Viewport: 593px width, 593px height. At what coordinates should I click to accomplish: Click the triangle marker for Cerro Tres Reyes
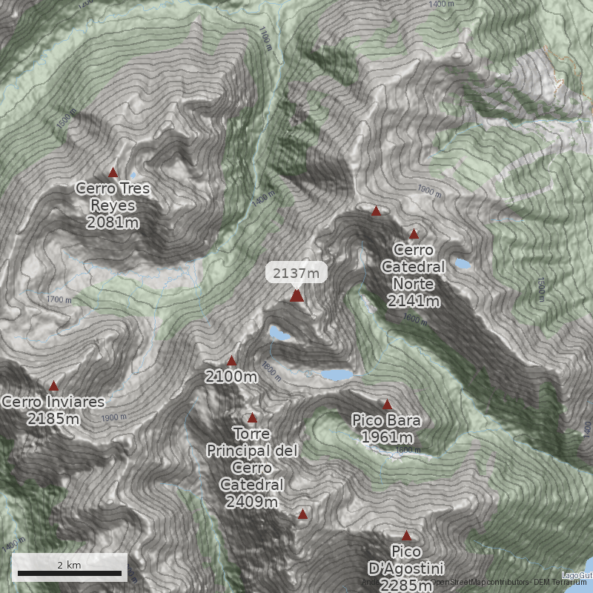tap(113, 173)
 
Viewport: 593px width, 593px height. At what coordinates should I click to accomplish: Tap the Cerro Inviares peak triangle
tap(53, 386)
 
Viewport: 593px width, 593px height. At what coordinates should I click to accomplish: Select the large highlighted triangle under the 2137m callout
tap(296, 296)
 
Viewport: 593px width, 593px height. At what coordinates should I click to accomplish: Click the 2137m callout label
tap(296, 273)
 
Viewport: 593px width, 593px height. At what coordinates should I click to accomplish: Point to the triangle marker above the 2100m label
tap(231, 361)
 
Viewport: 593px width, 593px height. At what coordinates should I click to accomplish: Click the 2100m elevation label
tap(231, 377)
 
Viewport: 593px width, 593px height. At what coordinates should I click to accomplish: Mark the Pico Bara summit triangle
tap(387, 405)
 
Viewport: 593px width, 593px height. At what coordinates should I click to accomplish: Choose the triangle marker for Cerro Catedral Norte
tap(414, 234)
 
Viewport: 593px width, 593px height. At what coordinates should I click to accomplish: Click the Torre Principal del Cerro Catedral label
tap(252, 468)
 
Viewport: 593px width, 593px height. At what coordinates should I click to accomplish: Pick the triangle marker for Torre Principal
tap(252, 418)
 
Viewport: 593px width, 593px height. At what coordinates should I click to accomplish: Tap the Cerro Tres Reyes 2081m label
tap(113, 205)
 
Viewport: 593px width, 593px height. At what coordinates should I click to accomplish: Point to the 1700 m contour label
tap(59, 300)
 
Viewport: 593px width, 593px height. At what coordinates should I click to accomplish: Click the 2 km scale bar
tap(70, 572)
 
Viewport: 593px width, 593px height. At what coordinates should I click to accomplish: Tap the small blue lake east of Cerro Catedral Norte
tap(463, 263)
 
